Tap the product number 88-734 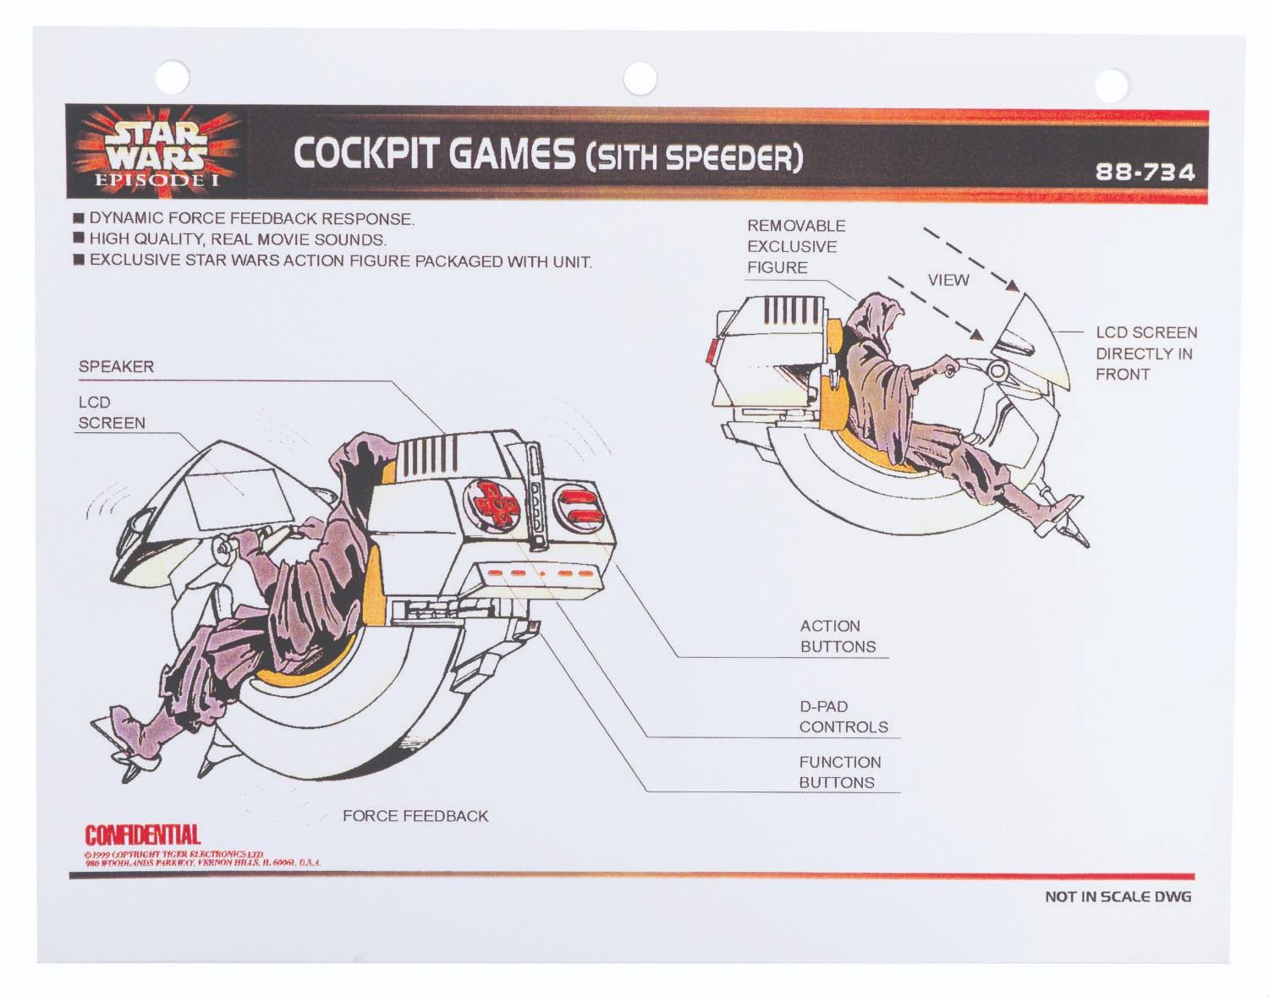click(1145, 173)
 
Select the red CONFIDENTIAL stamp click(142, 835)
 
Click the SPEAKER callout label click(116, 367)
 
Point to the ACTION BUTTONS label click(838, 637)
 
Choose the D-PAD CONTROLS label click(843, 717)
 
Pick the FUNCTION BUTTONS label click(839, 772)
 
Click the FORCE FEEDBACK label click(415, 816)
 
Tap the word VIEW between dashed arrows click(948, 280)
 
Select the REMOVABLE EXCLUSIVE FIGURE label click(795, 247)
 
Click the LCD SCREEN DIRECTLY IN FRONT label click(1145, 353)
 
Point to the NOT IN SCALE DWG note click(1117, 896)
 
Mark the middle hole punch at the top click(640, 79)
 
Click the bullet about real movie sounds click(237, 239)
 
